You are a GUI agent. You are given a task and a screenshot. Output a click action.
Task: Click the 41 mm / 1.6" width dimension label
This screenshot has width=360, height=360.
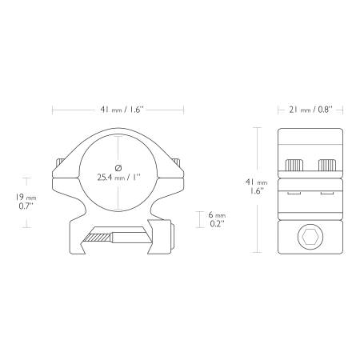coord(122,110)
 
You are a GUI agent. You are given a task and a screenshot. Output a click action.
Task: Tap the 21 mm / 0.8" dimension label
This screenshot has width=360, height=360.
coord(310,110)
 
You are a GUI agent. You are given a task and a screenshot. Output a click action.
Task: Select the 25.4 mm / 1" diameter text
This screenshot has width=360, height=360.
coord(118,178)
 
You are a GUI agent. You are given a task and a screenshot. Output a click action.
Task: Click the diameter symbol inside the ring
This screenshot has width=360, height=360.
coord(118,168)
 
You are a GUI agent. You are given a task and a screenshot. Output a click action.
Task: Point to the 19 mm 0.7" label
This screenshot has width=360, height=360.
coord(26,202)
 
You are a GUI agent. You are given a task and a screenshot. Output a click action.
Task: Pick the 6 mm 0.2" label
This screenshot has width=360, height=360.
coord(217,219)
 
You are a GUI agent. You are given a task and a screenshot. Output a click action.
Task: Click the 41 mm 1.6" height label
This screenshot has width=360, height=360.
coord(256,186)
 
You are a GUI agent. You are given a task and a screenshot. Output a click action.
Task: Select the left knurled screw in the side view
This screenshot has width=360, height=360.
coord(294,165)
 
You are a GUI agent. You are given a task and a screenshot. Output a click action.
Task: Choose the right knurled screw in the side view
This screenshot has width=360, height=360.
coord(327,165)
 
